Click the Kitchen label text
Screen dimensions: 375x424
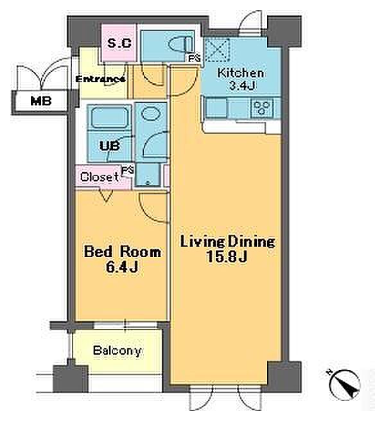(x=240, y=73)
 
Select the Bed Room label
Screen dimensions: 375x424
(x=122, y=252)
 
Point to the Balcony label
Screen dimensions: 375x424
(x=117, y=351)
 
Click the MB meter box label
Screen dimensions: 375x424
(x=41, y=101)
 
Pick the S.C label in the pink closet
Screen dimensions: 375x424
(x=119, y=43)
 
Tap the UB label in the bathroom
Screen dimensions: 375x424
(x=110, y=146)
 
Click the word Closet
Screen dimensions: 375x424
(x=100, y=177)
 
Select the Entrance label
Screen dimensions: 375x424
(x=100, y=79)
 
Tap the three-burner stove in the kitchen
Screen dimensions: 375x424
(x=261, y=108)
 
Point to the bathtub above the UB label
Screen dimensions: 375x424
(x=110, y=118)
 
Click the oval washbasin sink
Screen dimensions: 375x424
(x=149, y=113)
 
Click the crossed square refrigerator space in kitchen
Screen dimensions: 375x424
(x=218, y=49)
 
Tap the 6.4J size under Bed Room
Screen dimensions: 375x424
(x=122, y=267)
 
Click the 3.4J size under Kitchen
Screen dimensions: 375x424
(x=242, y=86)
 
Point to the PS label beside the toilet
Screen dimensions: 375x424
(x=195, y=58)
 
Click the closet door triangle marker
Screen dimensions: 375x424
(x=107, y=196)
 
